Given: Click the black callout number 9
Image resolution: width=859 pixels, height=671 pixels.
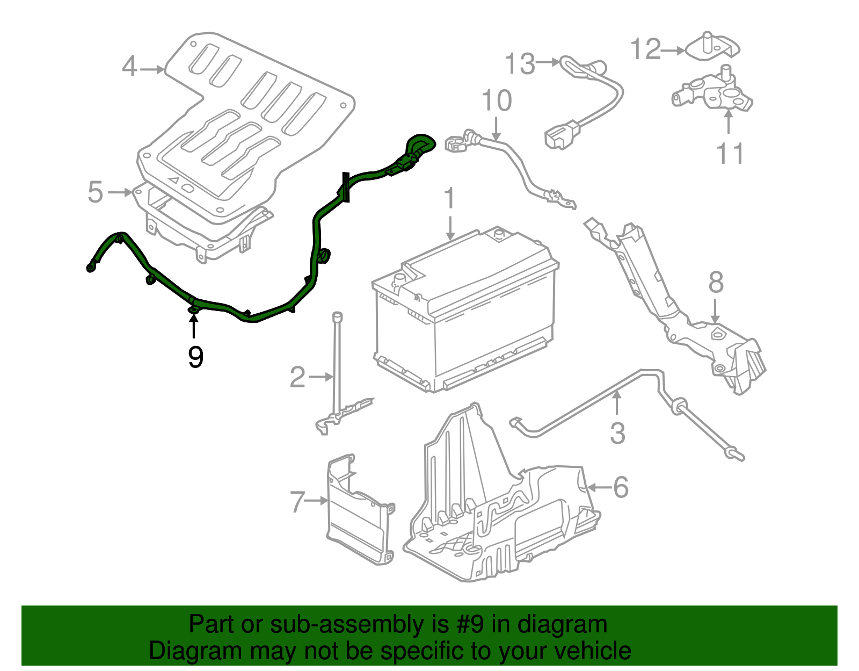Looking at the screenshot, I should point(195,357).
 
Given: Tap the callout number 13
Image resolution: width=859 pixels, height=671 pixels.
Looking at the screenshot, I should point(520,64).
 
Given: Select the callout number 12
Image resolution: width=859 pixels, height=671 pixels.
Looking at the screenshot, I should point(645,49).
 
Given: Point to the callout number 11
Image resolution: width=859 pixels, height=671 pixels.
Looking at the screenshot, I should point(730,154).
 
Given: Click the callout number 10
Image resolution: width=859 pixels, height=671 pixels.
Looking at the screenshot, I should point(497,101).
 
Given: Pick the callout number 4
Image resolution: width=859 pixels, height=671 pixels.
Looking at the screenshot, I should point(129,67).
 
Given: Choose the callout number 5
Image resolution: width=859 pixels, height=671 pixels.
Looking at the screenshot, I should point(95,192).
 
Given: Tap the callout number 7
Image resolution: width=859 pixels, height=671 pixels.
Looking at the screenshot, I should point(297,502).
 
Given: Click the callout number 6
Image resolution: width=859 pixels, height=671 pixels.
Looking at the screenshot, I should point(621,487).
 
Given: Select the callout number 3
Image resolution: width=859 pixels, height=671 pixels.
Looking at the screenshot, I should point(617,434).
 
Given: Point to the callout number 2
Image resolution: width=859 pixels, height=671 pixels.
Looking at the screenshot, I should point(297,377).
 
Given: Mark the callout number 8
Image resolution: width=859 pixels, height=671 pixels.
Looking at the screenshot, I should point(716,283).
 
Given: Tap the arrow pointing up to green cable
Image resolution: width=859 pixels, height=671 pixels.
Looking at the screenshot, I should point(193,326).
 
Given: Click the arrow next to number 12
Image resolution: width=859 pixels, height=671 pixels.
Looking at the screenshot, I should point(673,51).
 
